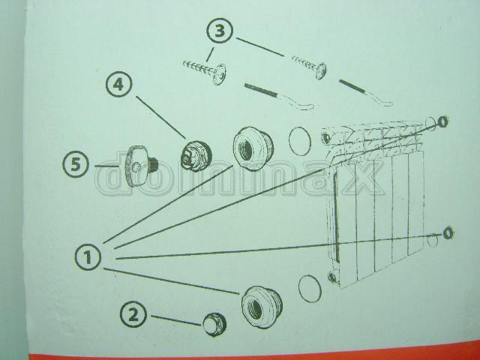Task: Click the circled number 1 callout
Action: click(88, 256)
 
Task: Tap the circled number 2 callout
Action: click(133, 314)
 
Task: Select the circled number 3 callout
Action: click(220, 31)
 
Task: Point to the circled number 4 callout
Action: click(119, 84)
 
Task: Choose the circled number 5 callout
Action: click(76, 164)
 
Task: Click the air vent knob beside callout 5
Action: click(140, 166)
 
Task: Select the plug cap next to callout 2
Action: click(214, 324)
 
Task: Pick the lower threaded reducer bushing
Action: click(262, 307)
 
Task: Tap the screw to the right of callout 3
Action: click(309, 66)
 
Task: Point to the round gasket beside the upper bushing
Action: click(300, 141)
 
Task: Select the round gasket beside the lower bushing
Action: click(310, 288)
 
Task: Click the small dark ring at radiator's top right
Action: click(443, 121)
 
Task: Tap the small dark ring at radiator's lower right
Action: click(448, 233)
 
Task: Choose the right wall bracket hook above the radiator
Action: click(365, 92)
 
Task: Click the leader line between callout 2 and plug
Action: click(176, 320)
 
